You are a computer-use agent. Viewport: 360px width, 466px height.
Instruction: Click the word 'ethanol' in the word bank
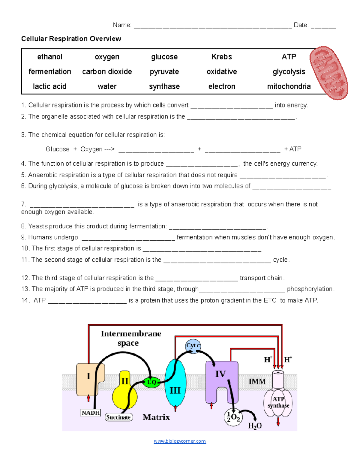[49, 57]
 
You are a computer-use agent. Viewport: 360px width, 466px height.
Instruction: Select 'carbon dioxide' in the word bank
[107, 72]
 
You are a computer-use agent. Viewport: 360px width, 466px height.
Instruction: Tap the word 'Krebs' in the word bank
[221, 57]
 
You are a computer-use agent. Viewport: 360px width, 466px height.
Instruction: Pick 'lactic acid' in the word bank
[49, 86]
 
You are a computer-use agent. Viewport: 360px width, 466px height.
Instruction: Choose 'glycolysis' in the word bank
[289, 72]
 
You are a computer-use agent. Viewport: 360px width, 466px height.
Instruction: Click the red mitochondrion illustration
[329, 73]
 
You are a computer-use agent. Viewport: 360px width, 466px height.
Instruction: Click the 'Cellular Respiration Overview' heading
[71, 39]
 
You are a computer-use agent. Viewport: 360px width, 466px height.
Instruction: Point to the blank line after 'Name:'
[212, 26]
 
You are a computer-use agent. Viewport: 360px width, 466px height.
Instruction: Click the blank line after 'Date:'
[323, 26]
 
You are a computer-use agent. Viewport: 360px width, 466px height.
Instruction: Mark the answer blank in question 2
[241, 118]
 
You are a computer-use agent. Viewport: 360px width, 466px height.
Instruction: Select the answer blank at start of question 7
[82, 206]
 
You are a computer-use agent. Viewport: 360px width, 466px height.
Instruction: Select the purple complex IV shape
[221, 378]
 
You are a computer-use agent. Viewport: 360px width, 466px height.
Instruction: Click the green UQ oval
[151, 382]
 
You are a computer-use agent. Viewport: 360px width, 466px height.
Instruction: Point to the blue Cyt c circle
[193, 346]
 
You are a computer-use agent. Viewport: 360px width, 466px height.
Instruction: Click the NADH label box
[91, 413]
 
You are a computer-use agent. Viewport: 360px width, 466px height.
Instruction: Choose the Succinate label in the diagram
[118, 417]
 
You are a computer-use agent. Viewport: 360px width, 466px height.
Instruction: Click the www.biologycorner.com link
[180, 441]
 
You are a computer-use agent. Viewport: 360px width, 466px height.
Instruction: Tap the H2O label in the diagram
[255, 426]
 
